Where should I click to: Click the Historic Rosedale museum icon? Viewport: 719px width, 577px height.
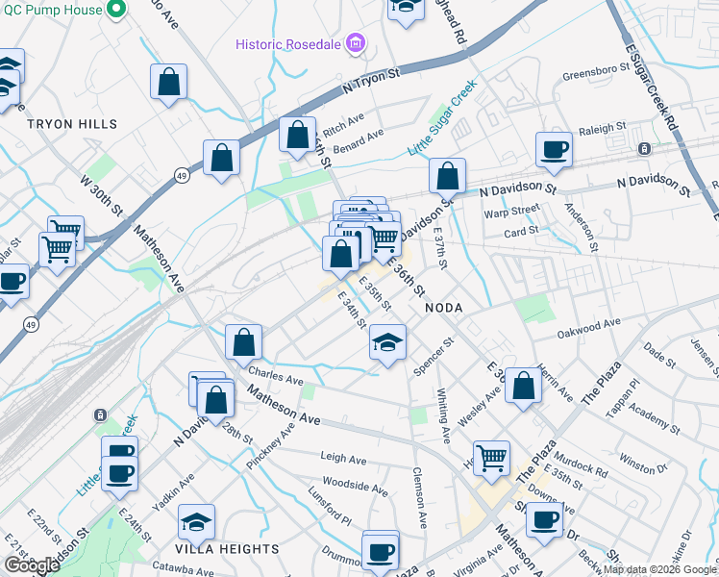point(356,43)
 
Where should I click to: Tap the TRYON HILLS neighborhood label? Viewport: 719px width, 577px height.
point(72,124)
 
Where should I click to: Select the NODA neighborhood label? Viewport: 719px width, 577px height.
point(444,308)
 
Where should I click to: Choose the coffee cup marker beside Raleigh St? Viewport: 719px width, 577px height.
point(554,149)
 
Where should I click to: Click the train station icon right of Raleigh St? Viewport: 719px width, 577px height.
point(644,149)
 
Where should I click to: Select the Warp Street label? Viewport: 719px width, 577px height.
point(512,210)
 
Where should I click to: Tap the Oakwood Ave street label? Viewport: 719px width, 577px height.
point(589,332)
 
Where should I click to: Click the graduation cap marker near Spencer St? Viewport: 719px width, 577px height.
point(387,342)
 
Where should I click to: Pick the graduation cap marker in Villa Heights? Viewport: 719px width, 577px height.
point(196,521)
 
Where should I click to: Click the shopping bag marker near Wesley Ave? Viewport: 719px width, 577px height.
point(523,386)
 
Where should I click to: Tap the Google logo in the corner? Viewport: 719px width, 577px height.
point(32,565)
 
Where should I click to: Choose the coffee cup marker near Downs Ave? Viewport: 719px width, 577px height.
point(544,520)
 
